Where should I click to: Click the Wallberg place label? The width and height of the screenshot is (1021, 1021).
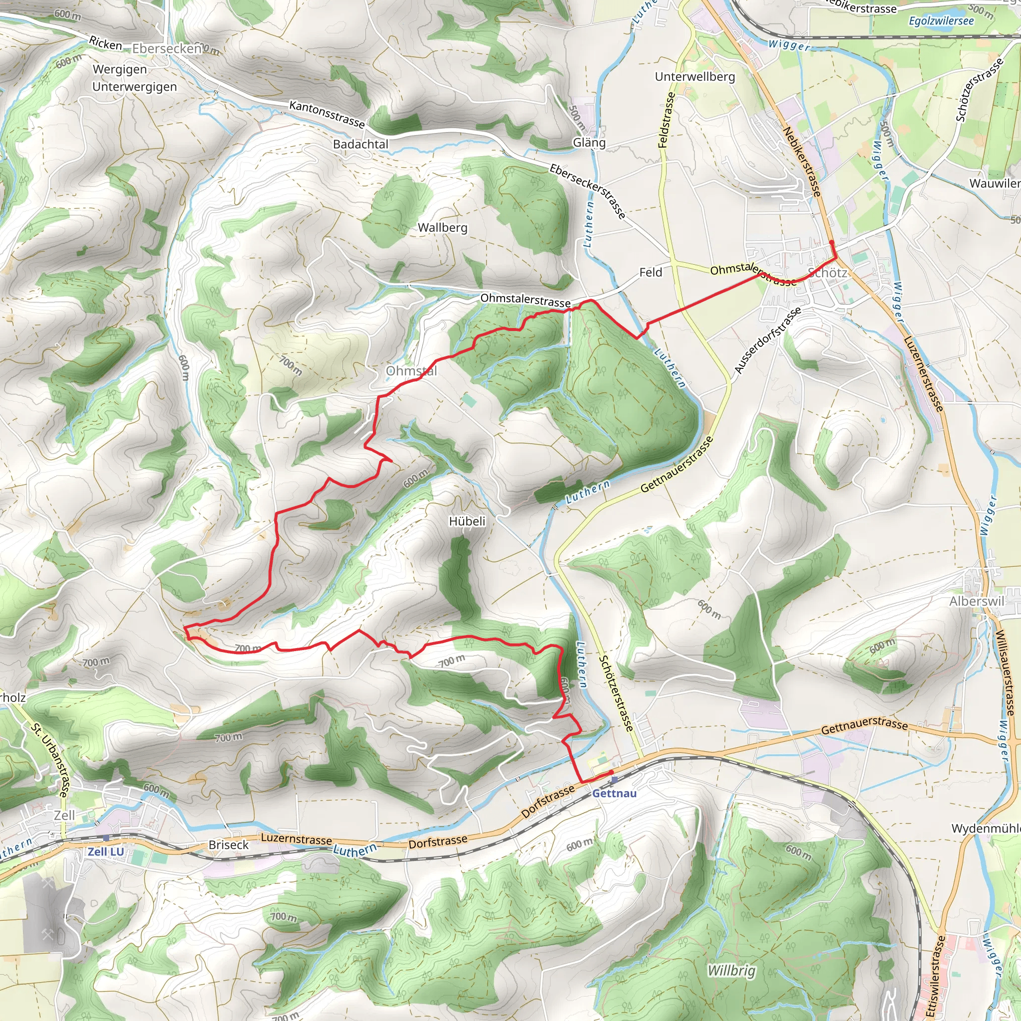coord(442,228)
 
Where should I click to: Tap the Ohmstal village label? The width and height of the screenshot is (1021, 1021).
coord(411,371)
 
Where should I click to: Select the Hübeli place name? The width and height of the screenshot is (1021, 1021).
coord(467,521)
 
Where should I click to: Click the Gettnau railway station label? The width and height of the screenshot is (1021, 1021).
coord(614,794)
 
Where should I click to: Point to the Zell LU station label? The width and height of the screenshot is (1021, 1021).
coord(106,852)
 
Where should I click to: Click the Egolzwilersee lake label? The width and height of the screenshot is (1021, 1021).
coord(941,21)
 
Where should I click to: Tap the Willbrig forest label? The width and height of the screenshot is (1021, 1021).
coord(731,971)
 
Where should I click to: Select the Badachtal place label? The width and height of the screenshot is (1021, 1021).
coord(360,144)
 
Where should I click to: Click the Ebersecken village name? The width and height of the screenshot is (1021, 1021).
coord(167,49)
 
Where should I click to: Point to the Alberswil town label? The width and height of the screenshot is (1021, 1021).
coord(977,601)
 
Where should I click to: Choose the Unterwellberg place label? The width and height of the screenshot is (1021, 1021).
coord(695,77)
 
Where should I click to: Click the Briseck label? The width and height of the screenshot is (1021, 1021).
coord(228,845)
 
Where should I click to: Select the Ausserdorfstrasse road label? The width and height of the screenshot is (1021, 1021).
coord(768,340)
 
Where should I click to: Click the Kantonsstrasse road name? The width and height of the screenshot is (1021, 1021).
coord(327,114)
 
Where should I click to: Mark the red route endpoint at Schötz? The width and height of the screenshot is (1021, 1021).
coord(832,243)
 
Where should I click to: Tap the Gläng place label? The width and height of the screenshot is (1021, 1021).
coord(589,143)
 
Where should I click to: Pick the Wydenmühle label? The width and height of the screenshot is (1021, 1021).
coord(986,829)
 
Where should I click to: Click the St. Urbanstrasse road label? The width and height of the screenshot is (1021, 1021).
coord(50,760)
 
